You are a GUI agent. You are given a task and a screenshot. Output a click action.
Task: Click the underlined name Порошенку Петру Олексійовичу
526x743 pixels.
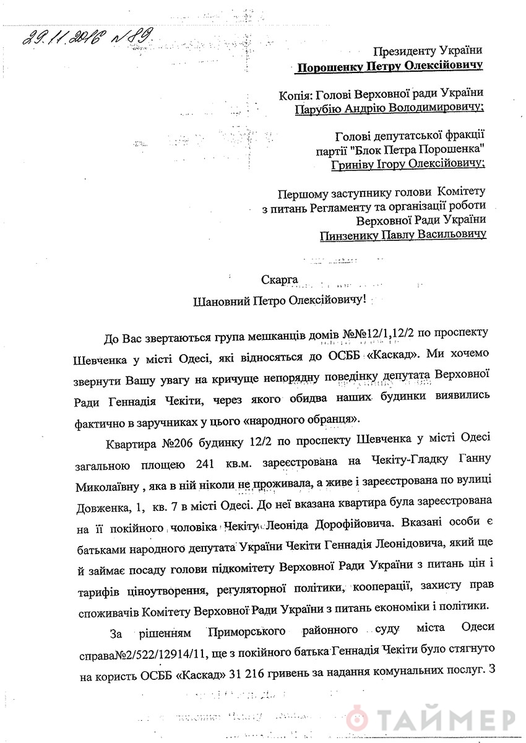point(390,66)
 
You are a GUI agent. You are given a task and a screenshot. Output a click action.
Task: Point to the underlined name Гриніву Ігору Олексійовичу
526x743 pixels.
point(408,164)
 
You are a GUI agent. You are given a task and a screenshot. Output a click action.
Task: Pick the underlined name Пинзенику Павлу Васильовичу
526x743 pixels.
point(403,235)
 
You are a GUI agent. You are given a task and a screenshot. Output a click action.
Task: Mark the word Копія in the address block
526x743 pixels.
point(295,93)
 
